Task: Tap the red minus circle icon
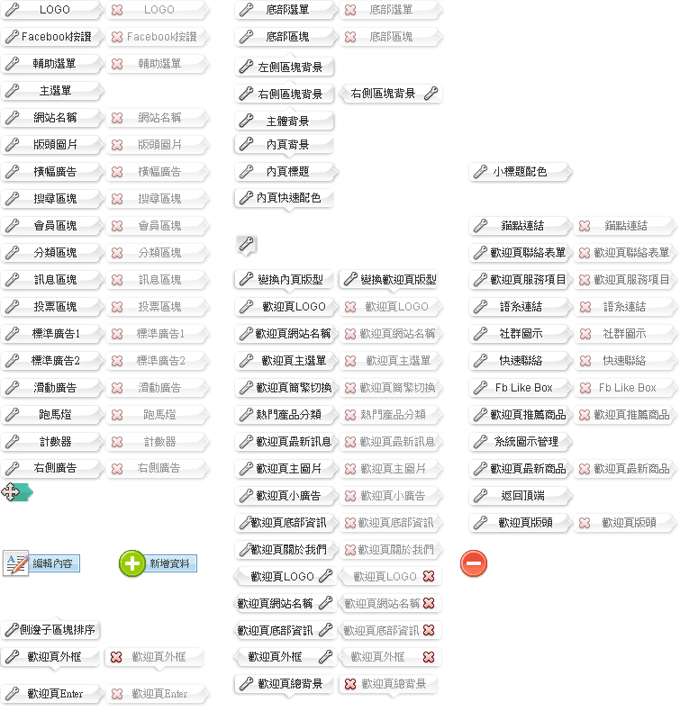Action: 474,563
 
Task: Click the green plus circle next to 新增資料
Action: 132,563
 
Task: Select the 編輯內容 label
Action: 52,563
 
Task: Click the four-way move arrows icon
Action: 12,491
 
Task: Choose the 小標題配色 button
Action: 519,171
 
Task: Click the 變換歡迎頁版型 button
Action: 389,280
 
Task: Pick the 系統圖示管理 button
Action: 519,442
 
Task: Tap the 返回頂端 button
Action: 519,496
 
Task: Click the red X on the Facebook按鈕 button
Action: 117,37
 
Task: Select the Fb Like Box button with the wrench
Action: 519,388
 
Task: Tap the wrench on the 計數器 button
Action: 12,442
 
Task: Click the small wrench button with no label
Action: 246,243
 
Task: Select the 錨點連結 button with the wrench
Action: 519,226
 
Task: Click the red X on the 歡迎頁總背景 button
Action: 349,684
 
